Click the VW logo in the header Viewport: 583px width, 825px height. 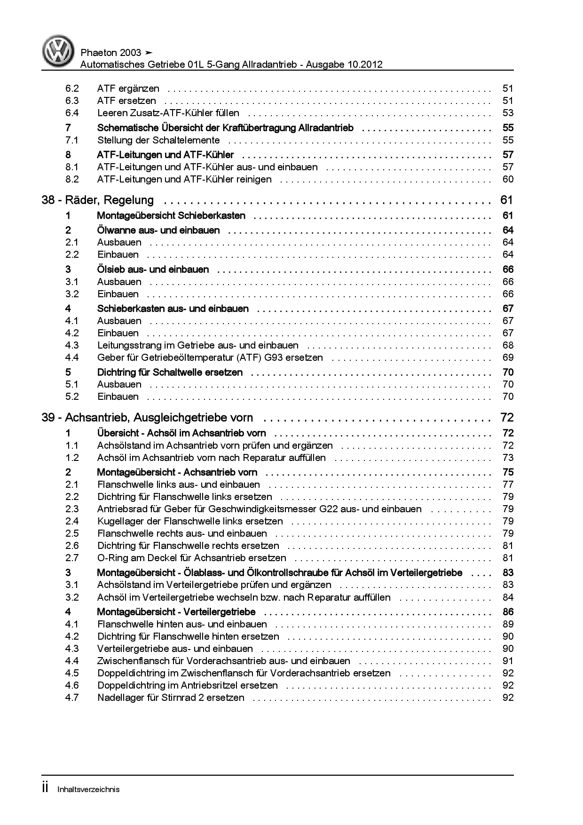(x=58, y=51)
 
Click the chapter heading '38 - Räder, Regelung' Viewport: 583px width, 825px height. (x=98, y=200)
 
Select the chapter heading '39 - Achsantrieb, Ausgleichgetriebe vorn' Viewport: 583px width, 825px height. (x=147, y=418)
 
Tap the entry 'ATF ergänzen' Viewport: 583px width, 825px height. (x=128, y=88)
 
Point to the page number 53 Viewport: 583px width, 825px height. (x=508, y=113)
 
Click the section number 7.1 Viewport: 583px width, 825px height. (x=72, y=140)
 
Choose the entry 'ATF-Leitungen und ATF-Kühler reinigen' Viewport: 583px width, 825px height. (x=184, y=179)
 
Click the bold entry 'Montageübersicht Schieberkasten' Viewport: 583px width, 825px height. (x=171, y=216)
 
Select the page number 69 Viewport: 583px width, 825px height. (x=508, y=357)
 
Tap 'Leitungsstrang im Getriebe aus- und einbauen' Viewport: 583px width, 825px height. (x=197, y=345)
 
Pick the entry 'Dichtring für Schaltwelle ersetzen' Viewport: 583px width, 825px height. (x=170, y=373)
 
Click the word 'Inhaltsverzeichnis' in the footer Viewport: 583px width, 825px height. (x=88, y=789)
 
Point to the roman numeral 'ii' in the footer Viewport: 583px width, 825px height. (x=45, y=788)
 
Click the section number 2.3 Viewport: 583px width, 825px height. (x=72, y=509)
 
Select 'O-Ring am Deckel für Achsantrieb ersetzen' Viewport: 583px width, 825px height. (x=191, y=558)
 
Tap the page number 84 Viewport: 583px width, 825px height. (x=508, y=597)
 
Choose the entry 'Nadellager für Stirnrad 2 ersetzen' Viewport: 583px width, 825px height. (x=171, y=698)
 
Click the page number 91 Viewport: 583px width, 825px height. (x=508, y=661)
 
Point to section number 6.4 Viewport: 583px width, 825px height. (x=72, y=113)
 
